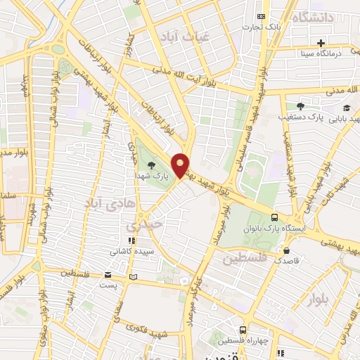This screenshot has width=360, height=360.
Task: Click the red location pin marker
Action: [181, 164]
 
